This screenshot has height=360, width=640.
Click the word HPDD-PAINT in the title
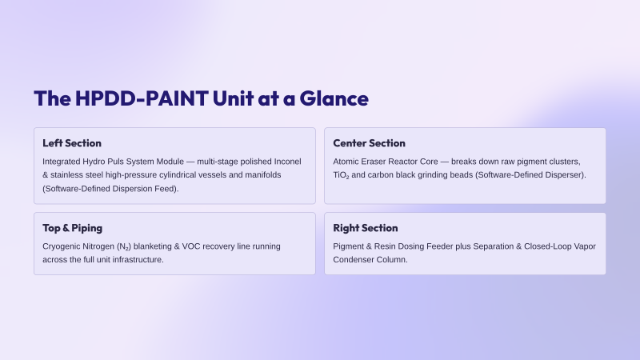click(142, 98)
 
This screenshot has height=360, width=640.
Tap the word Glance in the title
click(334, 98)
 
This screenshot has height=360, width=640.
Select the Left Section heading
click(72, 143)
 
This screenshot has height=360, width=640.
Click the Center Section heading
click(369, 143)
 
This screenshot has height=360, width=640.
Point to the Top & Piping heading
click(72, 228)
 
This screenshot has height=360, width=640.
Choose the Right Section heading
click(366, 228)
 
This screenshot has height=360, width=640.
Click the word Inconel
click(287, 162)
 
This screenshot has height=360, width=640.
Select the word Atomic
click(346, 162)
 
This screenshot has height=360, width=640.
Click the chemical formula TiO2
click(341, 175)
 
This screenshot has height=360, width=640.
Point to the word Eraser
click(374, 162)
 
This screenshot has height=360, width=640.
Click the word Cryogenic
click(62, 246)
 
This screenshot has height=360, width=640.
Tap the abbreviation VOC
click(191, 246)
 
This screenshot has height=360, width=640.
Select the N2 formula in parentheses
click(124, 247)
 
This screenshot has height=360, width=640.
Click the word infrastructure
click(138, 259)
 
